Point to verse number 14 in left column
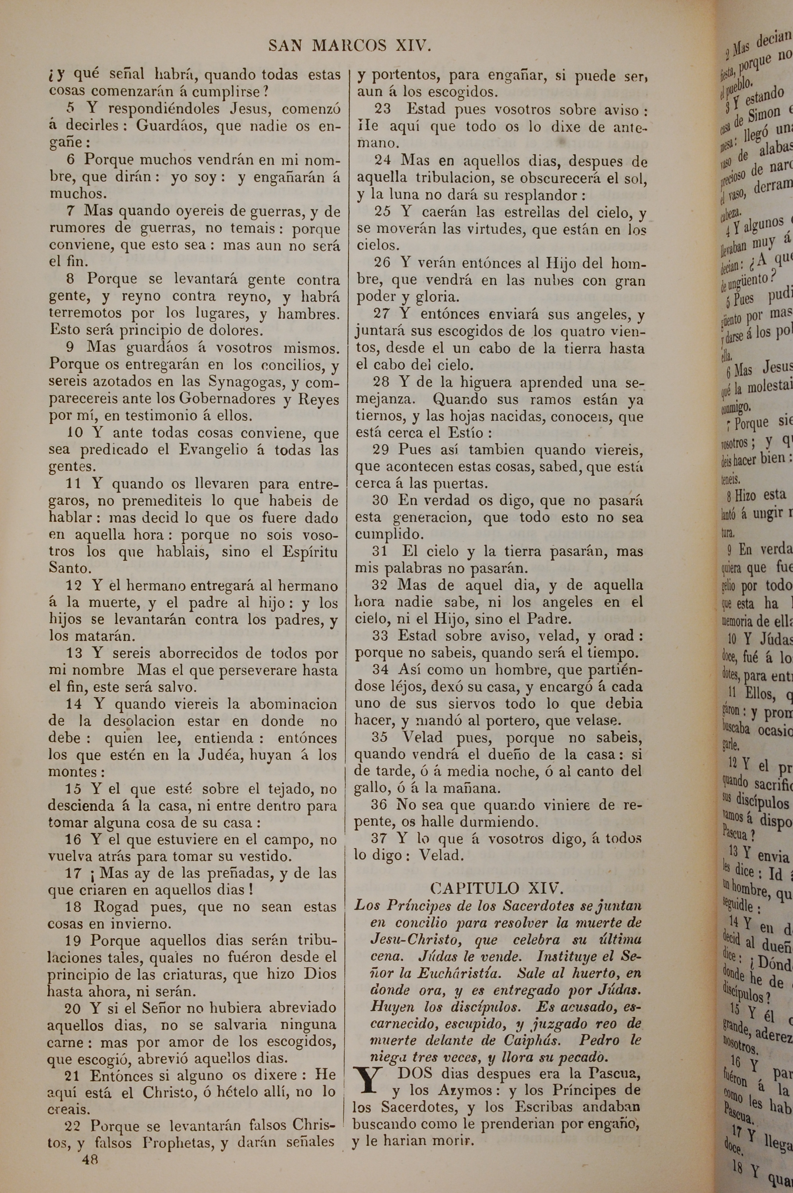click(74, 704)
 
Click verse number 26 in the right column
click(382, 263)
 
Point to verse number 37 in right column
click(379, 838)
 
